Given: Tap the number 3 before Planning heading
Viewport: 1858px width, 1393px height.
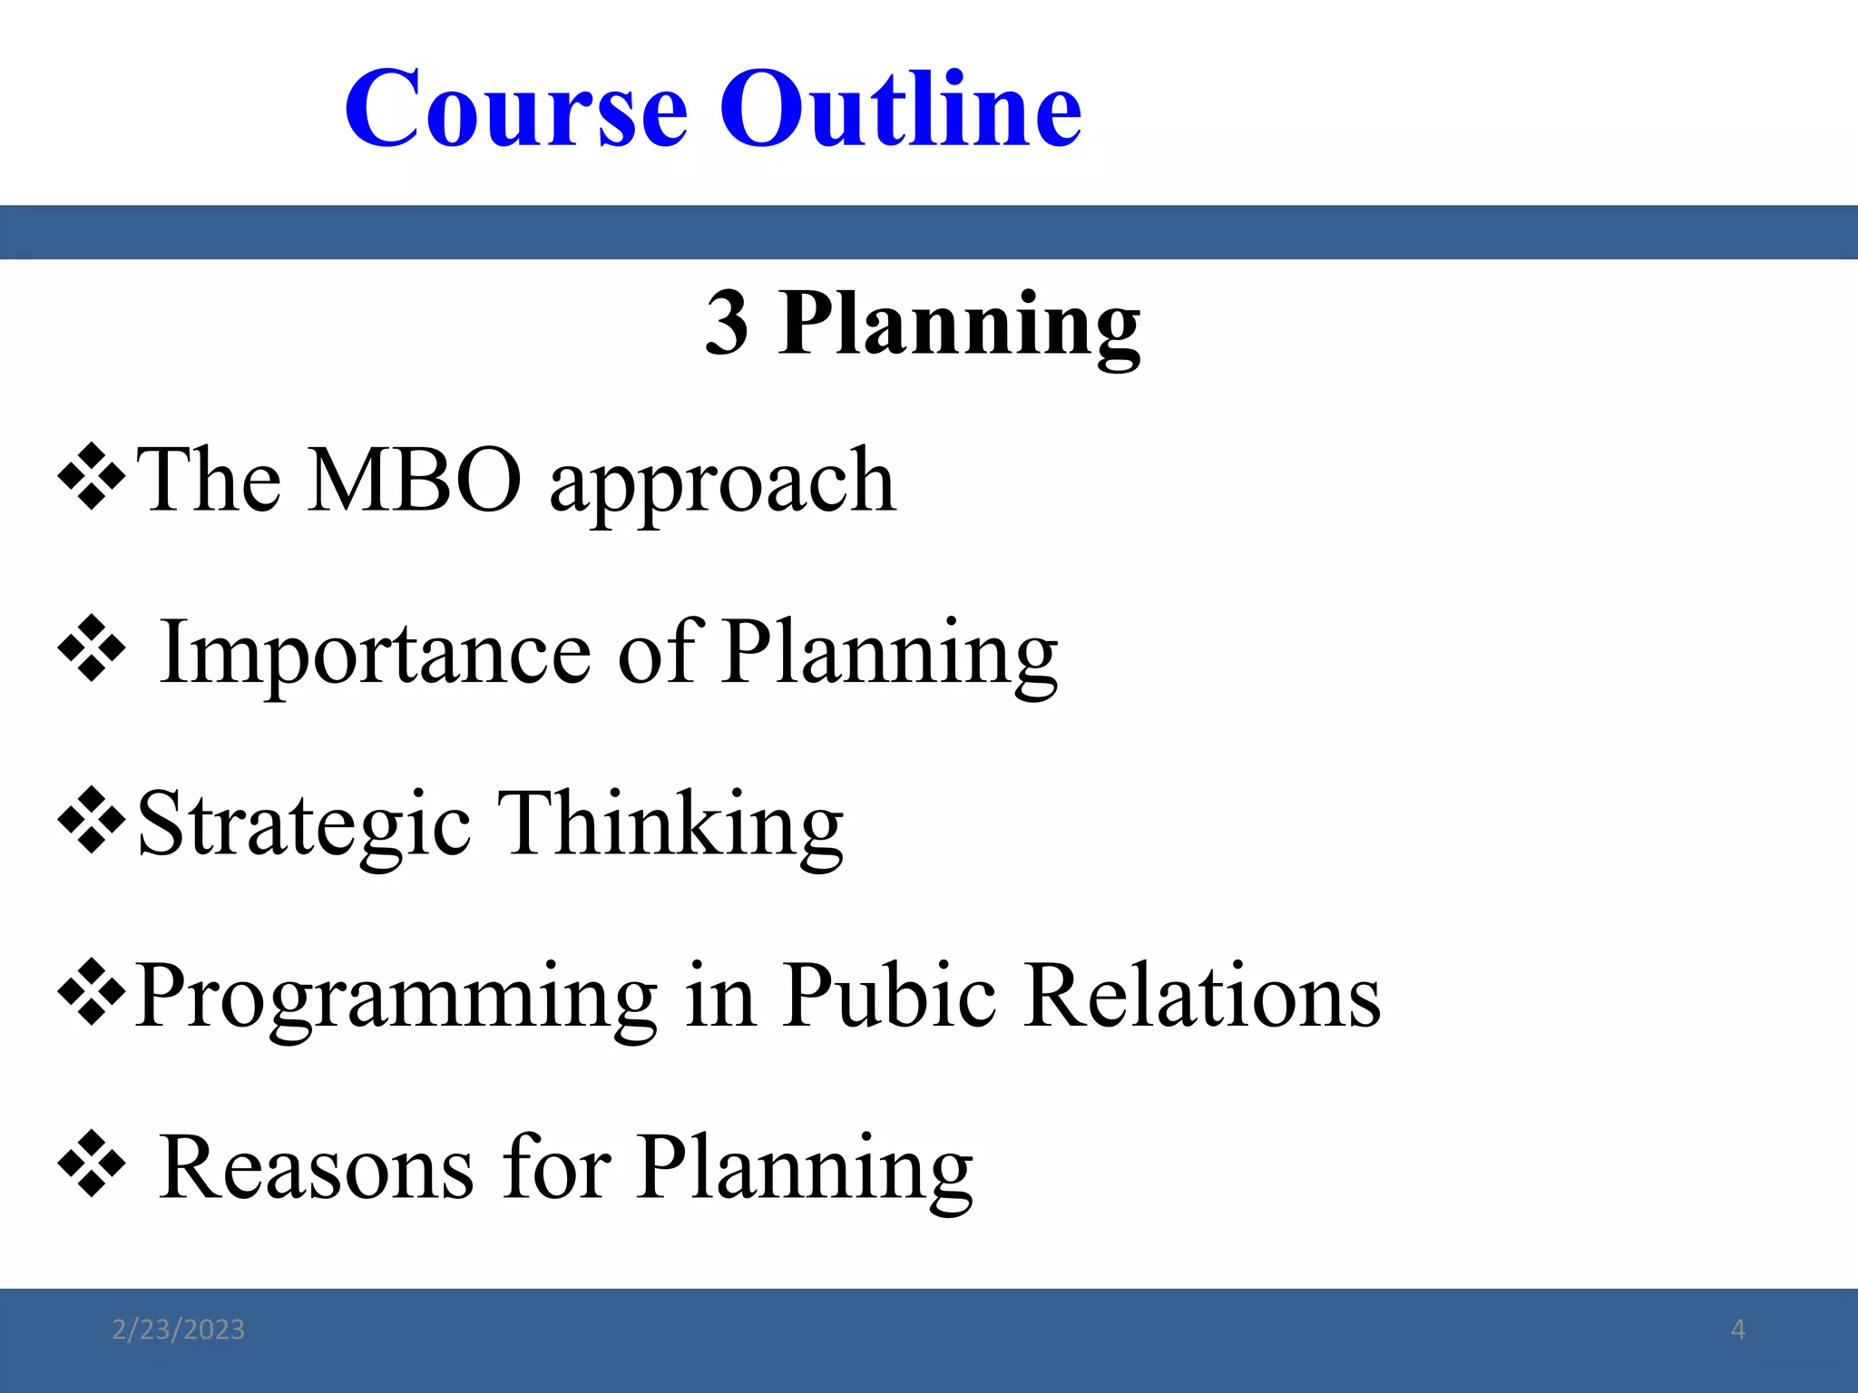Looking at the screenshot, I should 727,324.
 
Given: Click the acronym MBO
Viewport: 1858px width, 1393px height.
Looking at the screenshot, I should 415,481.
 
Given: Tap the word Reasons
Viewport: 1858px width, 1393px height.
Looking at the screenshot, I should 317,1168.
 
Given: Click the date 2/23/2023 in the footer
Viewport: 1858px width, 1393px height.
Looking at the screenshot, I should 178,1330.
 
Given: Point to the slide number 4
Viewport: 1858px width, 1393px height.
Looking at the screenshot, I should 1737,1330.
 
